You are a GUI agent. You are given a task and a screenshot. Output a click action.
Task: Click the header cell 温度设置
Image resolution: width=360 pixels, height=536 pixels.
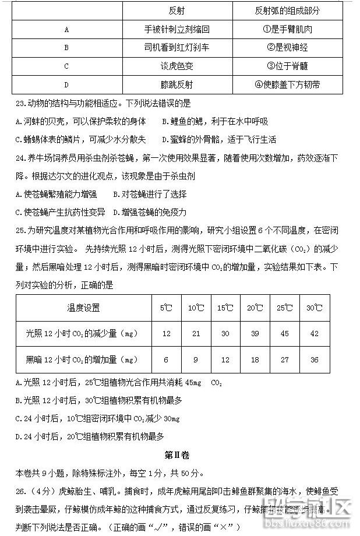point(83,308)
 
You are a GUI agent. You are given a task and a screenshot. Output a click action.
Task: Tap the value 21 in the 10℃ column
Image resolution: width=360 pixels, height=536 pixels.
point(196,333)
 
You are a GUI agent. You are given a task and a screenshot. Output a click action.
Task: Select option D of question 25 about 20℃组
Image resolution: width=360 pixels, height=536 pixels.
point(90,436)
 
